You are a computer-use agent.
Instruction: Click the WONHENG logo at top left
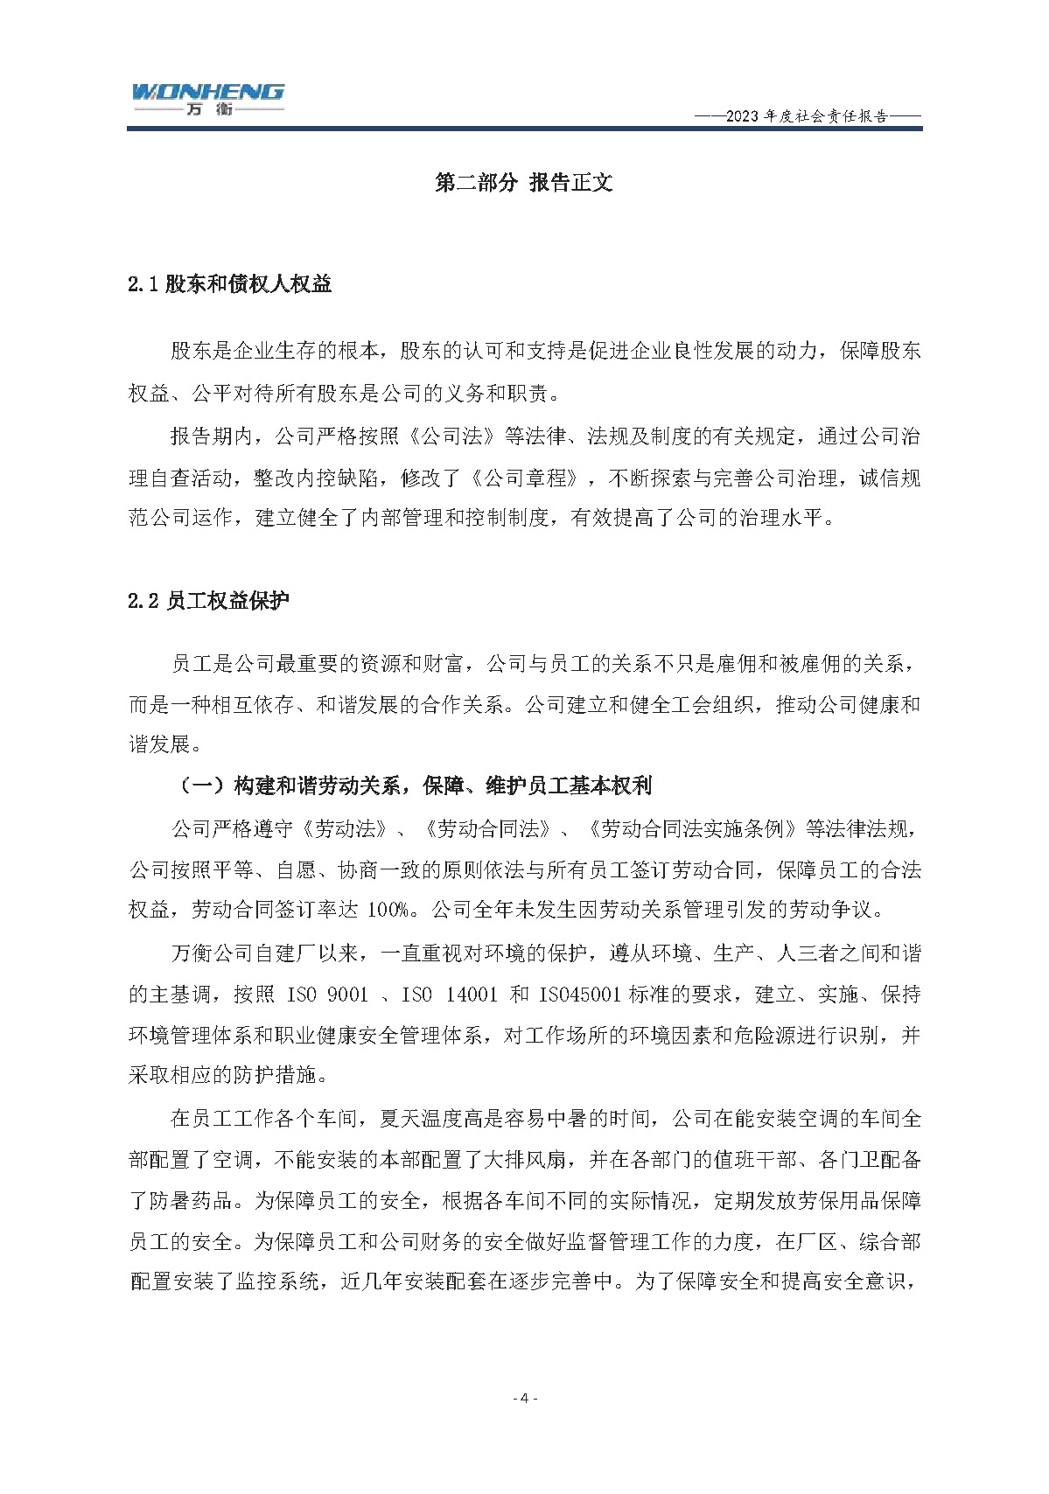click(x=207, y=98)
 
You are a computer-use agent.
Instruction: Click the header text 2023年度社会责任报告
click(x=807, y=116)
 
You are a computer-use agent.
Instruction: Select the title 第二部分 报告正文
click(x=523, y=183)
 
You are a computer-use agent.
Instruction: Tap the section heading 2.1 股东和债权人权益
click(x=230, y=284)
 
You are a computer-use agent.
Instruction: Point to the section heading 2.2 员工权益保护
click(x=208, y=601)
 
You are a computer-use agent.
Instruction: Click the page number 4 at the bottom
click(x=524, y=1398)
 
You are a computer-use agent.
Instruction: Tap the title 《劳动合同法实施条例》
click(x=692, y=827)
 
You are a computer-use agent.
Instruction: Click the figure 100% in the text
click(x=387, y=910)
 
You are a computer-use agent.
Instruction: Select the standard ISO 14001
click(x=450, y=995)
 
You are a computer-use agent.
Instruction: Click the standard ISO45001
click(x=580, y=995)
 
